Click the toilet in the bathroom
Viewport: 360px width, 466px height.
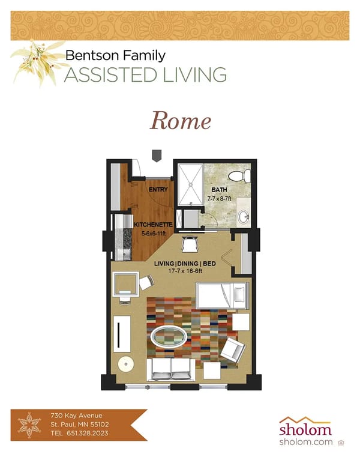(x=244, y=176)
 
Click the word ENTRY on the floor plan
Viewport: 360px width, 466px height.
(x=158, y=190)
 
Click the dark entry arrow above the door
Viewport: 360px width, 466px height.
(x=157, y=156)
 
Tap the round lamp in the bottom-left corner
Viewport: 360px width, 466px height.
(x=125, y=364)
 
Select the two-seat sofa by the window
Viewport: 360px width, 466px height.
(x=171, y=369)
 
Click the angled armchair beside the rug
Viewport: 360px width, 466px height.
(x=233, y=350)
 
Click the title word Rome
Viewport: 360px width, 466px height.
(x=180, y=121)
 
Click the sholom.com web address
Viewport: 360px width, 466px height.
(x=306, y=442)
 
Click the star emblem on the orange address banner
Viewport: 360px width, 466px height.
(x=29, y=425)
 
